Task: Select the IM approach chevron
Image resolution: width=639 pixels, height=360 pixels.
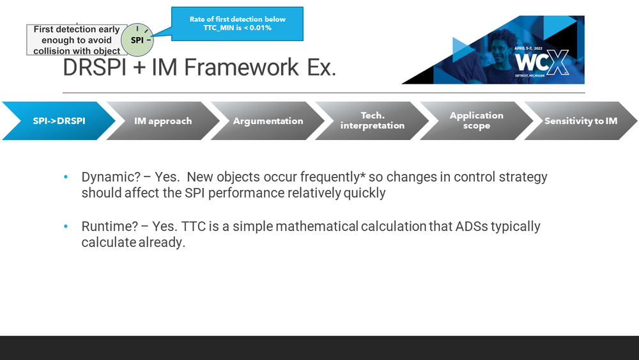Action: (163, 121)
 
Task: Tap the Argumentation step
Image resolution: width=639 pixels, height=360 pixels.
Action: (268, 121)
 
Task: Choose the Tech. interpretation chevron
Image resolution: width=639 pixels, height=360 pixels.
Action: (373, 121)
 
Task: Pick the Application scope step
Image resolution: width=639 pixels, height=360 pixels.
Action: (477, 121)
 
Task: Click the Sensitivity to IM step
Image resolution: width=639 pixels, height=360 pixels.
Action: (581, 121)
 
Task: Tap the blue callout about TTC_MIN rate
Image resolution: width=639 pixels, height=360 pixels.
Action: (237, 24)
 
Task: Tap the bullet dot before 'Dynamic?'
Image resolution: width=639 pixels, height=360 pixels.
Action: (66, 178)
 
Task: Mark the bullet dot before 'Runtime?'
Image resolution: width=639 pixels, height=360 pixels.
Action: (66, 227)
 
